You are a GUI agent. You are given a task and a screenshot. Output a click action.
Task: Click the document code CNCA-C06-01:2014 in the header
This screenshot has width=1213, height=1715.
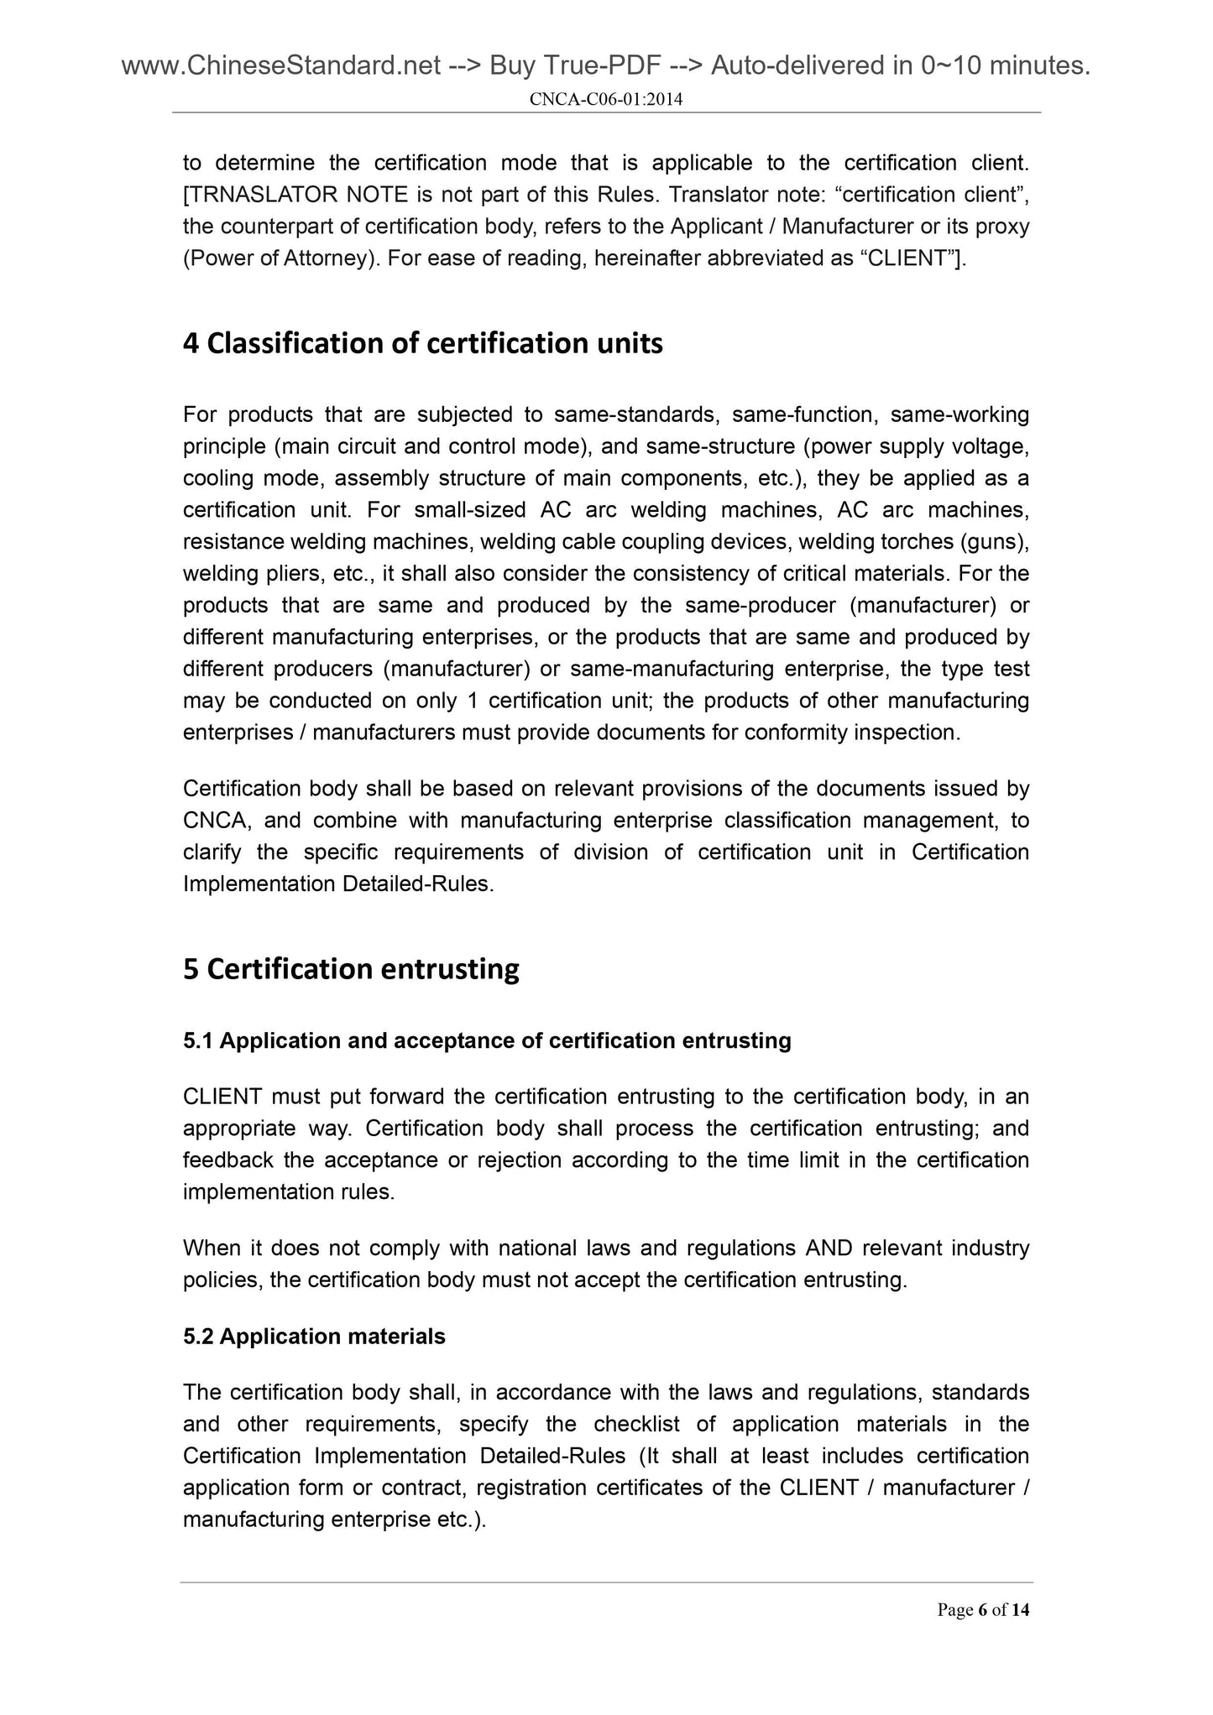click(606, 100)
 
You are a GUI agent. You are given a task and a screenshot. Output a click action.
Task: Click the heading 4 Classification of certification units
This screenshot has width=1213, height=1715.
click(422, 343)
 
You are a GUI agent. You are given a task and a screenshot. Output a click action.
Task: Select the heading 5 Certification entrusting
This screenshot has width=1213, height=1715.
click(351, 969)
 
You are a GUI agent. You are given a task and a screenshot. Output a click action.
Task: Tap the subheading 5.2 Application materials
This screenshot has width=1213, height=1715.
click(314, 1337)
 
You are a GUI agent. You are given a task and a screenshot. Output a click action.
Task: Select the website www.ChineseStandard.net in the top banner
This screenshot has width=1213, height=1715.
click(281, 65)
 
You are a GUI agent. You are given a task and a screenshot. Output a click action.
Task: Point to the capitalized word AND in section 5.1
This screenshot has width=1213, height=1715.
click(829, 1248)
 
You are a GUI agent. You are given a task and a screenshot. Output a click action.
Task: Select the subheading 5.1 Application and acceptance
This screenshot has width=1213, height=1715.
click(487, 1041)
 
